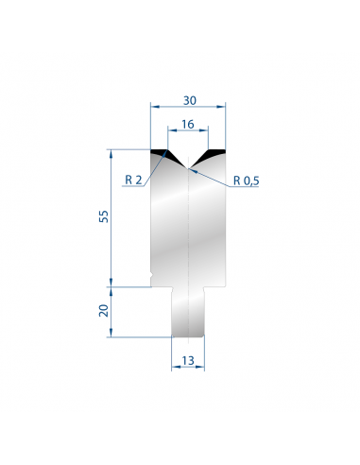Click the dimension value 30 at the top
point(190,100)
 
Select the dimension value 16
point(188,125)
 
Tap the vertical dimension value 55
point(104,216)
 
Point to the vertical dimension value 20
point(104,310)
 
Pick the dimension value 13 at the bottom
point(188,360)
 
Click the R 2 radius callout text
point(133,180)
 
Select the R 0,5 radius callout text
point(247,181)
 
